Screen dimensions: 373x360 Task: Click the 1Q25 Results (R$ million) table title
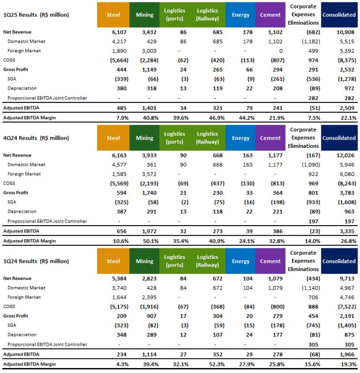pos(37,15)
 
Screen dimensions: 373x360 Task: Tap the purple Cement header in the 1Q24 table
pos(270,262)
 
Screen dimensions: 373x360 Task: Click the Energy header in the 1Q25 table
pos(240,15)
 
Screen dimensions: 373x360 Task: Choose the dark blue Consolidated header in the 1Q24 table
pos(339,262)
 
